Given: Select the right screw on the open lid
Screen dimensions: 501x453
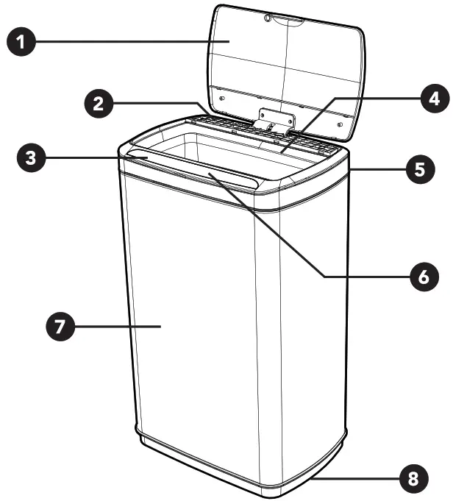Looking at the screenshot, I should tap(339, 124).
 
